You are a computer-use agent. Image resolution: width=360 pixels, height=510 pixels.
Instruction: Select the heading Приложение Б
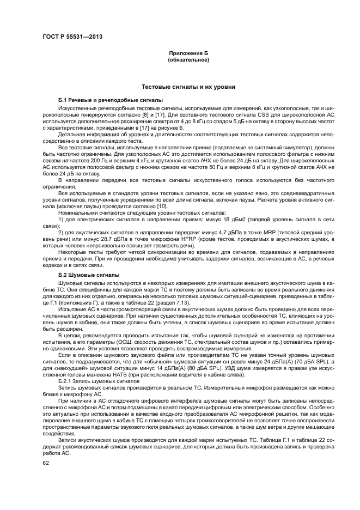(188, 53)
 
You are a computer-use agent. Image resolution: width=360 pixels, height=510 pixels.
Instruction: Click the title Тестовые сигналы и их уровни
(188, 87)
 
